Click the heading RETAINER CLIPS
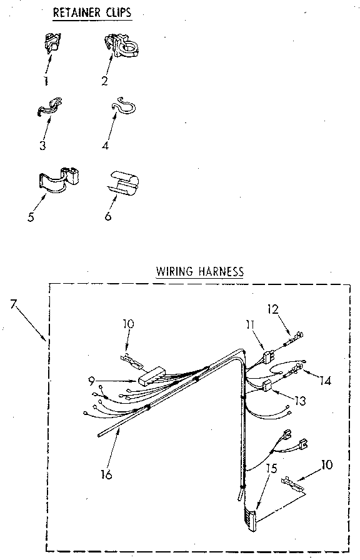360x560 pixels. point(93,12)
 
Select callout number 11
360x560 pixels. point(250,324)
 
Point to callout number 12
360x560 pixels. point(273,309)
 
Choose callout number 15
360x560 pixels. point(269,467)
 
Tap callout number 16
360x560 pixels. point(107,475)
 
